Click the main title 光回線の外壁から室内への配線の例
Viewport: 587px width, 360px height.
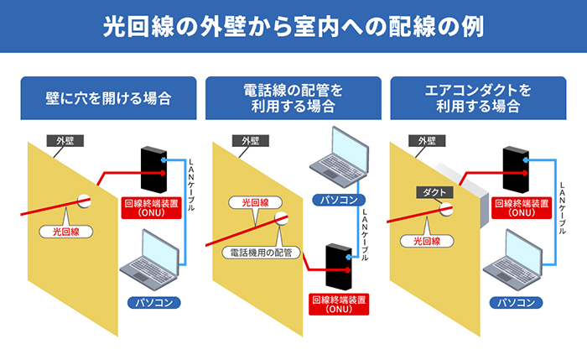pyautogui.click(x=293, y=26)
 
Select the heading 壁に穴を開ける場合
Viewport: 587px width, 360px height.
pyautogui.click(x=108, y=98)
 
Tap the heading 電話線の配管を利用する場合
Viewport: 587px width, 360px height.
pyautogui.click(x=293, y=97)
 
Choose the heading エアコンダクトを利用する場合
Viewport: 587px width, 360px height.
pyautogui.click(x=477, y=97)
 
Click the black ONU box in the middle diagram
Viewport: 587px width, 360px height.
pyautogui.click(x=338, y=265)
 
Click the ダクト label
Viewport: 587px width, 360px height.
pyautogui.click(x=434, y=192)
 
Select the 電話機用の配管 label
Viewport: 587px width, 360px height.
pyautogui.click(x=262, y=251)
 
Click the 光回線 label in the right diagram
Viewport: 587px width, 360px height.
pyautogui.click(x=427, y=241)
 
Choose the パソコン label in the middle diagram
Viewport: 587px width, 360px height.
pyautogui.click(x=340, y=200)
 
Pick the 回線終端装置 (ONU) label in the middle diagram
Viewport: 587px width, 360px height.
pyautogui.click(x=338, y=303)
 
